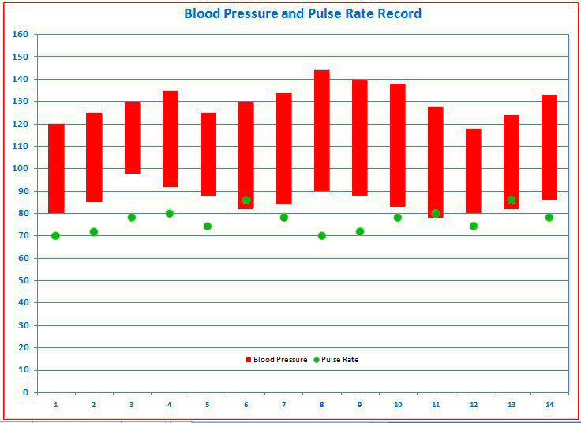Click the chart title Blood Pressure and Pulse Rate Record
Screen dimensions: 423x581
coord(302,13)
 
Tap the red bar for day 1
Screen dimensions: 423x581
coord(56,168)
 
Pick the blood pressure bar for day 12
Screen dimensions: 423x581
coord(473,170)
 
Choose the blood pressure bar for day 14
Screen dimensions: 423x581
coord(549,148)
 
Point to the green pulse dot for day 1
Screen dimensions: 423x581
coord(55,235)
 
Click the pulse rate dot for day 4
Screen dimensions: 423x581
coord(170,213)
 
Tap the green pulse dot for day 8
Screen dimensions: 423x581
coord(321,235)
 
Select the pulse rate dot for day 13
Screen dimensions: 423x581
coord(512,200)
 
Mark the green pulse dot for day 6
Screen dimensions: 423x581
coord(246,200)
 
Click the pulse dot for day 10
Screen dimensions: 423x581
coord(397,218)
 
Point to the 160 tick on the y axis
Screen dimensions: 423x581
coord(21,35)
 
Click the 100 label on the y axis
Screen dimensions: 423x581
coord(21,169)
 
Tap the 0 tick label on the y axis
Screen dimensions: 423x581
coord(25,392)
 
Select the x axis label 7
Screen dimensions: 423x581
coord(283,405)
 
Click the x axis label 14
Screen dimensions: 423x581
coord(549,405)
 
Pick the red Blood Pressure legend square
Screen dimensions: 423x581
coord(248,360)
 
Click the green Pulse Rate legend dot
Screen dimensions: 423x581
coord(317,360)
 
